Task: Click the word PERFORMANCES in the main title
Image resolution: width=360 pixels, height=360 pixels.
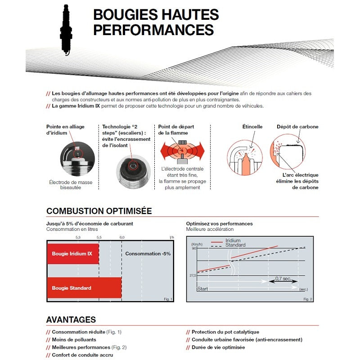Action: tap(153, 30)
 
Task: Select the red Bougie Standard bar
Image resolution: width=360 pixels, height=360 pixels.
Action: tap(84, 288)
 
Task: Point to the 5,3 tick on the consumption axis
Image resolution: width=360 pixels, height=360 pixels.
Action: tap(78, 237)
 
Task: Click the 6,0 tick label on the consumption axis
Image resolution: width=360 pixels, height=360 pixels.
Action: tap(121, 237)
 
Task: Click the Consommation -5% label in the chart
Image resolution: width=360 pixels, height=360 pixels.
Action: tap(148, 254)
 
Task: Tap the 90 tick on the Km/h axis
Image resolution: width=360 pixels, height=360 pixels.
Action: tap(194, 248)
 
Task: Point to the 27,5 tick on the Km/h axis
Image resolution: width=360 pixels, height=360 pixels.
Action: tap(192, 275)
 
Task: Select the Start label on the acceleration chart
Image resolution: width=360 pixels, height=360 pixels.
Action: tap(202, 289)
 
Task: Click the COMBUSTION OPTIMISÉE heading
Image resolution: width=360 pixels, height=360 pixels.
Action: tap(99, 211)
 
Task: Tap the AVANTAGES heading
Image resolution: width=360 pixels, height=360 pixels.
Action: tap(71, 320)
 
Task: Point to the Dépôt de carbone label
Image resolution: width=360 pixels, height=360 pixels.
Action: tap(297, 127)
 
